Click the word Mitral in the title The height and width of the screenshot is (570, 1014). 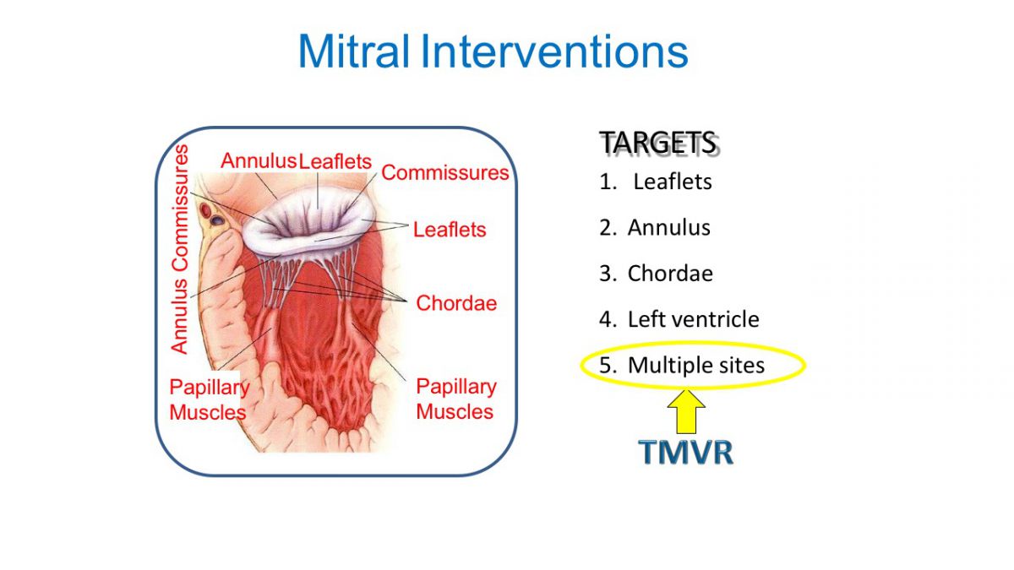353,51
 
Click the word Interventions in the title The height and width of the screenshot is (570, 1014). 554,51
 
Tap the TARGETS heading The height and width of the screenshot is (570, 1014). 658,143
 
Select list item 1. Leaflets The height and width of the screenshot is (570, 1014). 656,182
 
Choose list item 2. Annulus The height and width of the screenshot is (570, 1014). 655,227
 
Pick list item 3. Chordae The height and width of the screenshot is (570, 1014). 656,274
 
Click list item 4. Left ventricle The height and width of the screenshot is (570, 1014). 679,319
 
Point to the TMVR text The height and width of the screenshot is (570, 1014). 686,452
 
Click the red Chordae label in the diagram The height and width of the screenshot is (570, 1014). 456,303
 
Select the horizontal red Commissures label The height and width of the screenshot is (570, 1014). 445,173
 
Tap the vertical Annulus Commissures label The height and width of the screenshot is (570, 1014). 179,249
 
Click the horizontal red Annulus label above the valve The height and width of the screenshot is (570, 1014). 259,161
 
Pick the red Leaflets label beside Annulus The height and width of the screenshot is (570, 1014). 335,161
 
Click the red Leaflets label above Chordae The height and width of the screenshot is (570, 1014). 450,230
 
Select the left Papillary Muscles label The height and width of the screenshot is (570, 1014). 210,399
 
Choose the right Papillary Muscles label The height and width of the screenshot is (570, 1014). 456,399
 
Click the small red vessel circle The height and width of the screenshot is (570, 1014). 206,210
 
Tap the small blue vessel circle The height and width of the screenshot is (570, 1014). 218,220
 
